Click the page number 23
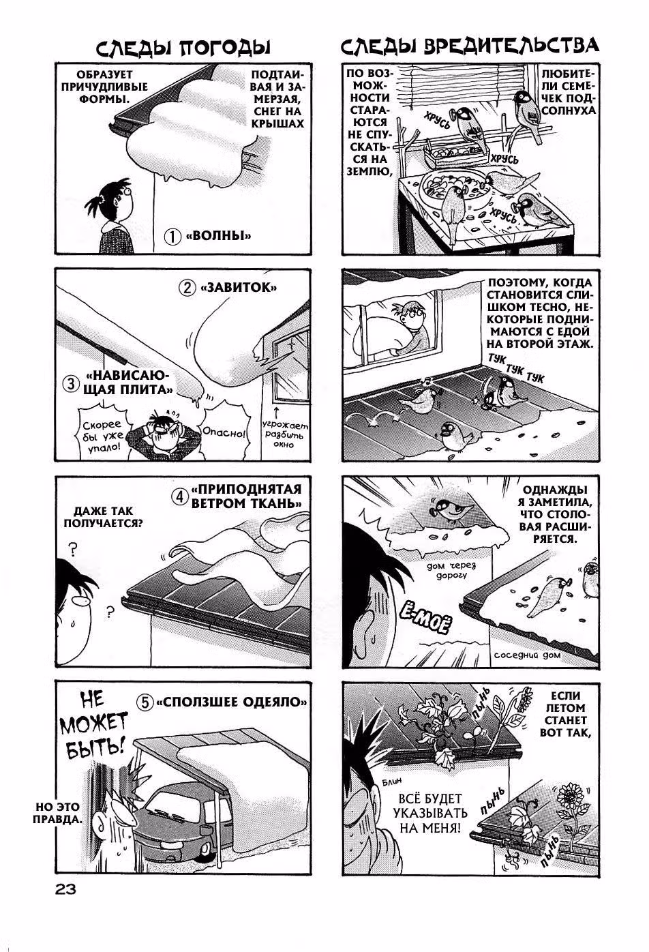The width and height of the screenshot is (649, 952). [65, 889]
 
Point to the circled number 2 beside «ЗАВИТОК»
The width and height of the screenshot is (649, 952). [186, 288]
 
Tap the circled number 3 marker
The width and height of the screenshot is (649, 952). [70, 384]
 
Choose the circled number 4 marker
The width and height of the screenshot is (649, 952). [180, 496]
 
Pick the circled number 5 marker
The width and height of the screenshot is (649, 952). [145, 702]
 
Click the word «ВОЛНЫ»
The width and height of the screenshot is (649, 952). [218, 235]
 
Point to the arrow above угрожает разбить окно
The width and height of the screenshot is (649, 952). [277, 412]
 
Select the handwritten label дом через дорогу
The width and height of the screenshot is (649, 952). [451, 570]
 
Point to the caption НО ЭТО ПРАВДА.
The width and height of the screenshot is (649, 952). [58, 813]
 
